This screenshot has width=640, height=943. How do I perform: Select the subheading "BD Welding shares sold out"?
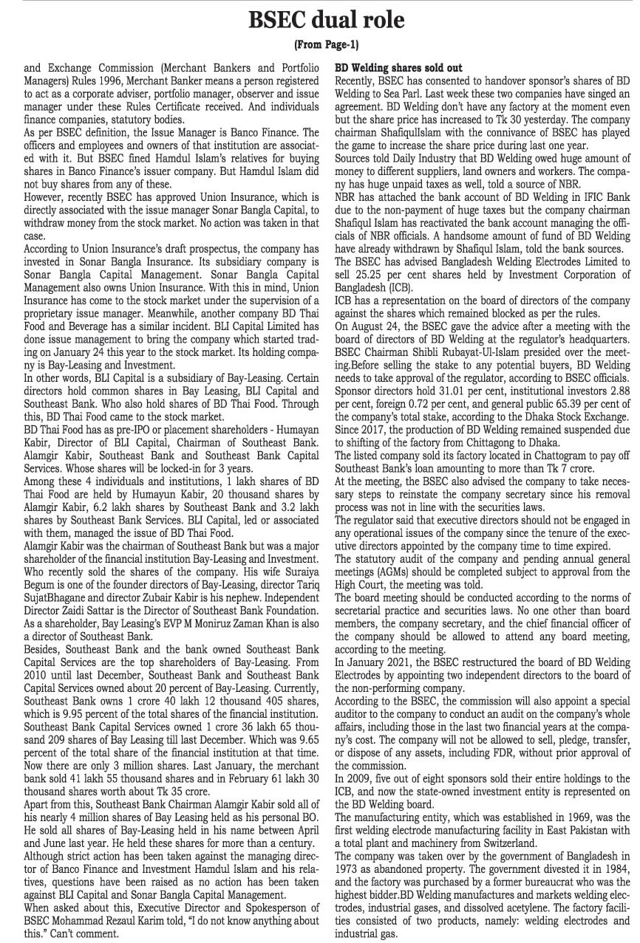click(399, 68)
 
